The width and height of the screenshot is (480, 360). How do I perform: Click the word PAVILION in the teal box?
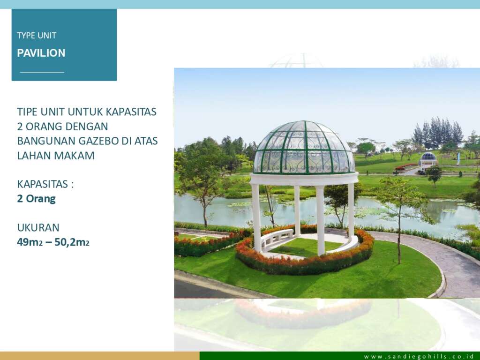point(41,53)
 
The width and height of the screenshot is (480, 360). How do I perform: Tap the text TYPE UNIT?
point(37,36)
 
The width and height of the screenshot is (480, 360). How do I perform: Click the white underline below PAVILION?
point(42,72)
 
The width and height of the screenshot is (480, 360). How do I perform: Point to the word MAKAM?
point(75,156)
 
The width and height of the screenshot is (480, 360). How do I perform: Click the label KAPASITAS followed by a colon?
point(45,184)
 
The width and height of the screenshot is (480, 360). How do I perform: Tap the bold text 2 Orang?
point(36,199)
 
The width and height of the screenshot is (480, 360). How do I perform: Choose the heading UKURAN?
point(38,227)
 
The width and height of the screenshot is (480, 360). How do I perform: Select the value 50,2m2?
point(72,242)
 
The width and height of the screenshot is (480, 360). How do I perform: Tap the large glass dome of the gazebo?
point(304,148)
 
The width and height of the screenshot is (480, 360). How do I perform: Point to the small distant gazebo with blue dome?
point(428,161)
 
